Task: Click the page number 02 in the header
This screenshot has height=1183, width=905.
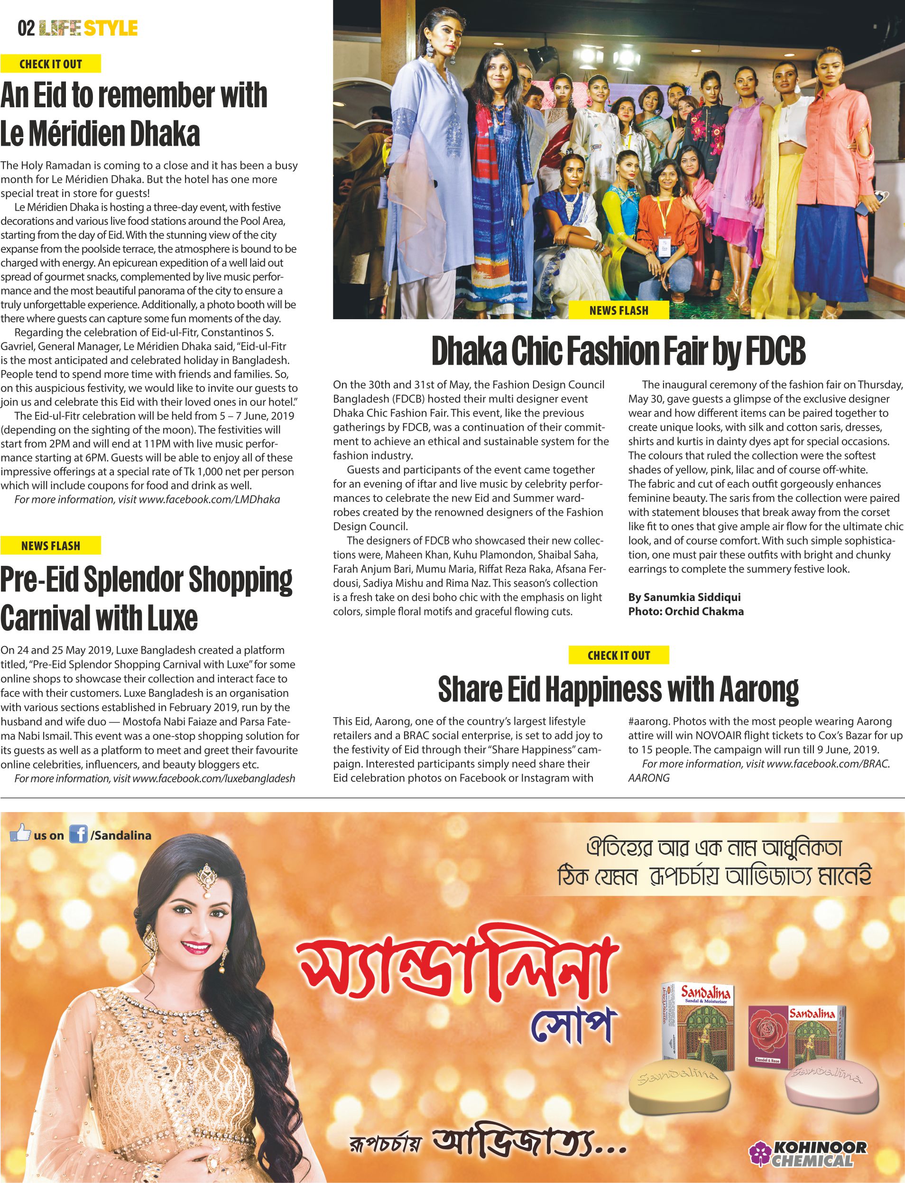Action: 26,28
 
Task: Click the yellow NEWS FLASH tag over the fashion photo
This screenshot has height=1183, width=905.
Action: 619,310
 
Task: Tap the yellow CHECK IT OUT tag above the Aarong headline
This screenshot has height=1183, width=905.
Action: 619,655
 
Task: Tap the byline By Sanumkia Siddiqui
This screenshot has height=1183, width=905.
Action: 684,597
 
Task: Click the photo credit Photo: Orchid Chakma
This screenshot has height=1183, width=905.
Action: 685,611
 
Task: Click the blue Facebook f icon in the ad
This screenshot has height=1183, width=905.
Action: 78,835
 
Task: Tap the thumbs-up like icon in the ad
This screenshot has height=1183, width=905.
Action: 20,833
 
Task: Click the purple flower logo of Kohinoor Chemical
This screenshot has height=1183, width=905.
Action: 759,1154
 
